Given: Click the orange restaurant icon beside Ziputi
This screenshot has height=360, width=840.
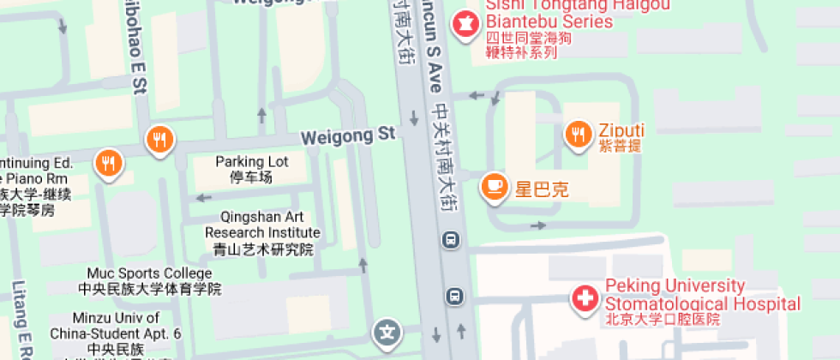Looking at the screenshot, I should [579, 134].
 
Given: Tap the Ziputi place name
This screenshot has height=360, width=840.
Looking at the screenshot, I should [621, 130].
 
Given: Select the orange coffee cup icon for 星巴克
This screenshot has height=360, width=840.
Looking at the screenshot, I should [495, 186].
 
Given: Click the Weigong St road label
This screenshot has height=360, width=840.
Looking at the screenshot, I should [348, 135].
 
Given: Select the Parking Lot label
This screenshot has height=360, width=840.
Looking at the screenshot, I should [252, 161].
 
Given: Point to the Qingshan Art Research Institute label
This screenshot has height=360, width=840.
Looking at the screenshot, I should [263, 225].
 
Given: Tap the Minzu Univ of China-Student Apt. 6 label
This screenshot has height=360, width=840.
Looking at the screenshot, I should [116, 325].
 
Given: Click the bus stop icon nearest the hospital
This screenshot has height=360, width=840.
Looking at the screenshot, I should [453, 297].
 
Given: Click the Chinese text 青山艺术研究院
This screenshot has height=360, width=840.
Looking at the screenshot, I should [263, 249].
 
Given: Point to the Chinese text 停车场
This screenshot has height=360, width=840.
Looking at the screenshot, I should [251, 177].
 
